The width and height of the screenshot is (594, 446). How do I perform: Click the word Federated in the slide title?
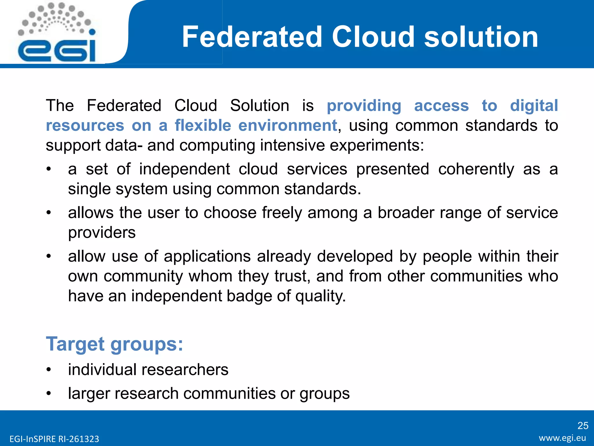click(x=252, y=37)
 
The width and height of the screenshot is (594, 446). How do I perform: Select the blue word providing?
click(x=364, y=105)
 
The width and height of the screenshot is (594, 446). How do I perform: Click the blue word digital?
click(x=534, y=105)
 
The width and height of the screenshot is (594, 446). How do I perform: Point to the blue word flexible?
click(x=203, y=125)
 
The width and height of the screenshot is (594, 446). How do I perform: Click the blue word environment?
click(x=287, y=125)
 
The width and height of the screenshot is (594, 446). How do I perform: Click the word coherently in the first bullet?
click(x=476, y=169)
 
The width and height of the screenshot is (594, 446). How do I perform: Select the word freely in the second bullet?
click(x=282, y=213)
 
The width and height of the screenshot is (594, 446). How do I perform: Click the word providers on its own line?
click(x=102, y=232)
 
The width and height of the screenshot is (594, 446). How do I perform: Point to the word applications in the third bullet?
click(x=207, y=256)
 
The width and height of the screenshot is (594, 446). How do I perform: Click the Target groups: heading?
click(x=115, y=344)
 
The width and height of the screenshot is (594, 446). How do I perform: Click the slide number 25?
click(x=582, y=426)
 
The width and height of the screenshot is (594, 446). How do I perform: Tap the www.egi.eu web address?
click(x=562, y=438)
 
